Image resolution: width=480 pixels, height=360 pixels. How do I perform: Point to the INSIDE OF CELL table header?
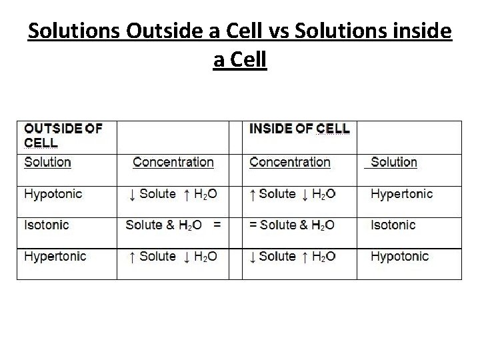coord(299,128)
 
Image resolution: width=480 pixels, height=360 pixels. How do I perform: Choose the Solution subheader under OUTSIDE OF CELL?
coord(48,162)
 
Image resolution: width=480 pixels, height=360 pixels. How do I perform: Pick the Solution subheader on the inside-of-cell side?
coord(393,162)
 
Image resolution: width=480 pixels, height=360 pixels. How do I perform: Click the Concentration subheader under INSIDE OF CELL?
coord(290,162)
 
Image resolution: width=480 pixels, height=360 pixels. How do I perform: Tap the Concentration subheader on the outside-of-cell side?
coord(173,162)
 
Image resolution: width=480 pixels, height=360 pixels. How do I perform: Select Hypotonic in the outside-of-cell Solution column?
coord(53,194)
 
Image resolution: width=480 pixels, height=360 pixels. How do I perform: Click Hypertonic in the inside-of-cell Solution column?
coord(401,194)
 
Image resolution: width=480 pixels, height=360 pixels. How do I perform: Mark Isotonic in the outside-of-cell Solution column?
coord(47,225)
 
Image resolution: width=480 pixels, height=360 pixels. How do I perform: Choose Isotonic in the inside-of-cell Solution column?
coord(393,225)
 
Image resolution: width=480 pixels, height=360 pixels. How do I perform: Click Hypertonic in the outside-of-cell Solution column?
coord(55,257)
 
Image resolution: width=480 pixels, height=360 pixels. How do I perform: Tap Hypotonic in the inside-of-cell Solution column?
coord(400,257)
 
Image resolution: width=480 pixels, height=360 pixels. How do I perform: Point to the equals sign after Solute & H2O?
coord(217,225)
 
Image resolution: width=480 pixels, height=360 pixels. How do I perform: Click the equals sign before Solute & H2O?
coord(253,225)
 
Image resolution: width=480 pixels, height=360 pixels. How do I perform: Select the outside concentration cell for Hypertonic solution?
coord(173,257)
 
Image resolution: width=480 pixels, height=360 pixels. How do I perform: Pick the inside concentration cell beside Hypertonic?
coord(292,194)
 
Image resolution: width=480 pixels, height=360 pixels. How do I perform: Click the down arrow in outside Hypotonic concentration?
coord(132,195)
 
